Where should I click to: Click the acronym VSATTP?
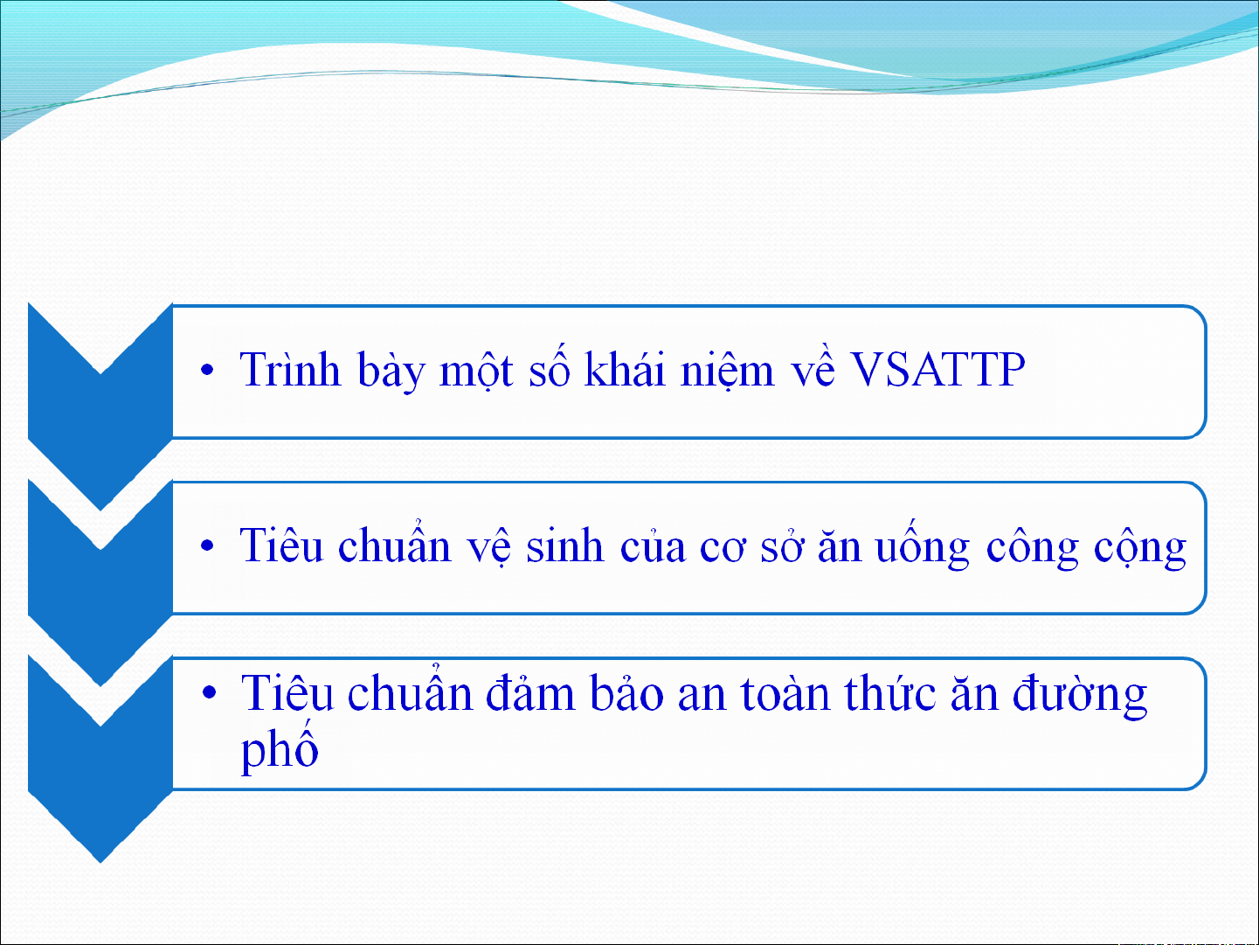click(x=937, y=370)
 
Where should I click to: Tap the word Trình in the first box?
click(x=290, y=370)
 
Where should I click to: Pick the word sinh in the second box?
click(x=565, y=545)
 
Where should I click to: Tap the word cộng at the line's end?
click(x=1140, y=548)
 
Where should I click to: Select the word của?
click(x=653, y=545)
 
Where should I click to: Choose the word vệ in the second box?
click(x=489, y=547)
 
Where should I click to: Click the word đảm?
click(x=530, y=693)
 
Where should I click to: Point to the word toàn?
click(x=785, y=693)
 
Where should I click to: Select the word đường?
click(x=1080, y=695)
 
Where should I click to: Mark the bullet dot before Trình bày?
click(x=207, y=370)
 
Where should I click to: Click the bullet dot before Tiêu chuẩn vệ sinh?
click(x=207, y=545)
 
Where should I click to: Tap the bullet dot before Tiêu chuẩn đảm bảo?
click(x=210, y=692)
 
